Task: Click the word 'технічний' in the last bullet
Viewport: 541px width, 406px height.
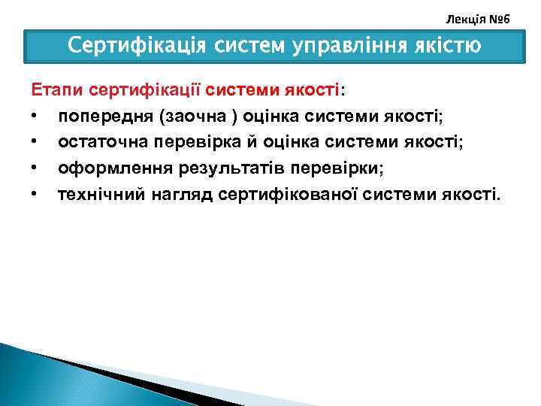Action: coord(99,195)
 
